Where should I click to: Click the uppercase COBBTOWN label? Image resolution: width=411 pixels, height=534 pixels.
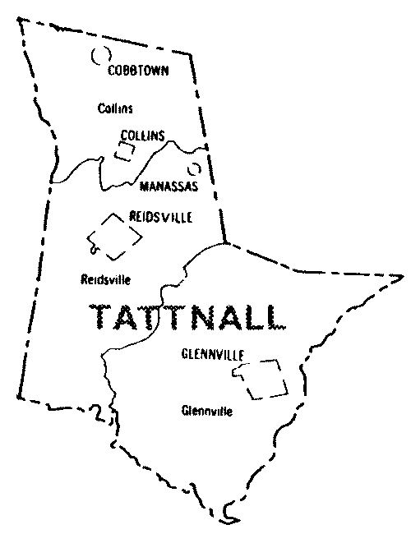coord(138,71)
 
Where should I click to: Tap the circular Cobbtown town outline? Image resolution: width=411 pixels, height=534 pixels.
coord(101,57)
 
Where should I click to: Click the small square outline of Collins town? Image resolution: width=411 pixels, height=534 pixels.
coord(124,151)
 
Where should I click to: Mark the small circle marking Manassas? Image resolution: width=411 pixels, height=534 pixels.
coord(195,169)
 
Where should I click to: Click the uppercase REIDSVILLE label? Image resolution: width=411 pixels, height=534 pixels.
coord(161,217)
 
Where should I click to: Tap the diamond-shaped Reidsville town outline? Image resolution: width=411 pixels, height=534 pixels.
coord(114,234)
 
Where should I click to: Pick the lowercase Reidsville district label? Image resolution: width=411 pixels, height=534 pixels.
coord(106,279)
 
